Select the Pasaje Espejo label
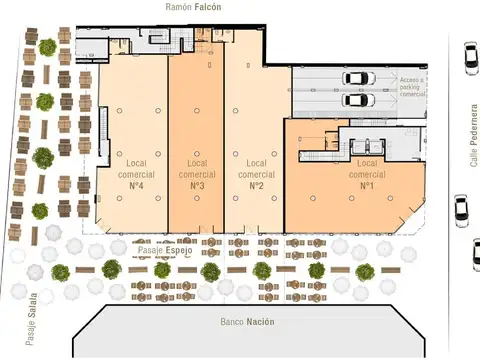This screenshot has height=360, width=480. point(165,249)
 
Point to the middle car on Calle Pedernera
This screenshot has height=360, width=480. point(461,208)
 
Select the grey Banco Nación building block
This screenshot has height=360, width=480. point(246,330)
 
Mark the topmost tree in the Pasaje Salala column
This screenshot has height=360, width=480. point(47,47)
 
